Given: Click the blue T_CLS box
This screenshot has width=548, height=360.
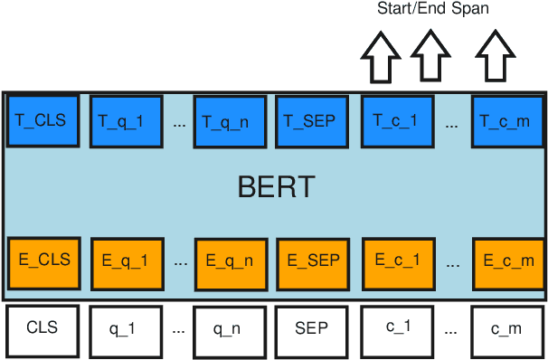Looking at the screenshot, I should (x=43, y=120).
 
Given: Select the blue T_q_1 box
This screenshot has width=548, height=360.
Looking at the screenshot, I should (x=128, y=120).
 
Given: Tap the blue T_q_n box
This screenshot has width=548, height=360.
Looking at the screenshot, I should (x=228, y=121).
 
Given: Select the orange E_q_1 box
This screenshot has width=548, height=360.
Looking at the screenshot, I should (x=128, y=262).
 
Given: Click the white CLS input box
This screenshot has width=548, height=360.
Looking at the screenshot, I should (x=43, y=329).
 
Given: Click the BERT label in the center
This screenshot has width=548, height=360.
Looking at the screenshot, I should (x=276, y=187).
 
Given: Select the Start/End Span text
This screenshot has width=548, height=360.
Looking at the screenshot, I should (x=432, y=10).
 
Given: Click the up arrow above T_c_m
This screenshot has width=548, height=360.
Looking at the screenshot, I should (x=494, y=57).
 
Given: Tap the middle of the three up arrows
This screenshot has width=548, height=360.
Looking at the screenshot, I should (x=430, y=57).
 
